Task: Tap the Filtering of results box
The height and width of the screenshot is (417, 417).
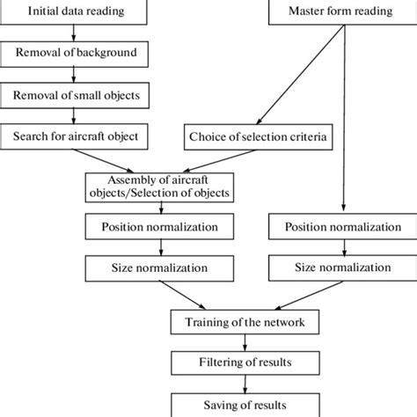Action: point(245,362)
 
